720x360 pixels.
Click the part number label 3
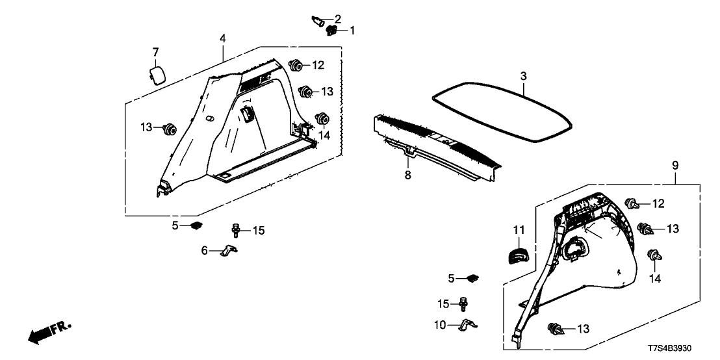point(522,77)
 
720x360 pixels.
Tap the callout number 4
point(223,38)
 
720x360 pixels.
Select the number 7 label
point(155,52)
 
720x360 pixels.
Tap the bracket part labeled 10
point(469,324)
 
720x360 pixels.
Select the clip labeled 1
point(332,31)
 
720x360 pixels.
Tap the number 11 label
point(518,229)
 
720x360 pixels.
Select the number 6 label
point(205,250)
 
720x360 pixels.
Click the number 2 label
point(338,18)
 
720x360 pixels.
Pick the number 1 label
point(353,30)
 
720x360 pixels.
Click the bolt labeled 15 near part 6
point(236,230)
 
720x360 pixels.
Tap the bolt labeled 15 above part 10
point(463,303)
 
